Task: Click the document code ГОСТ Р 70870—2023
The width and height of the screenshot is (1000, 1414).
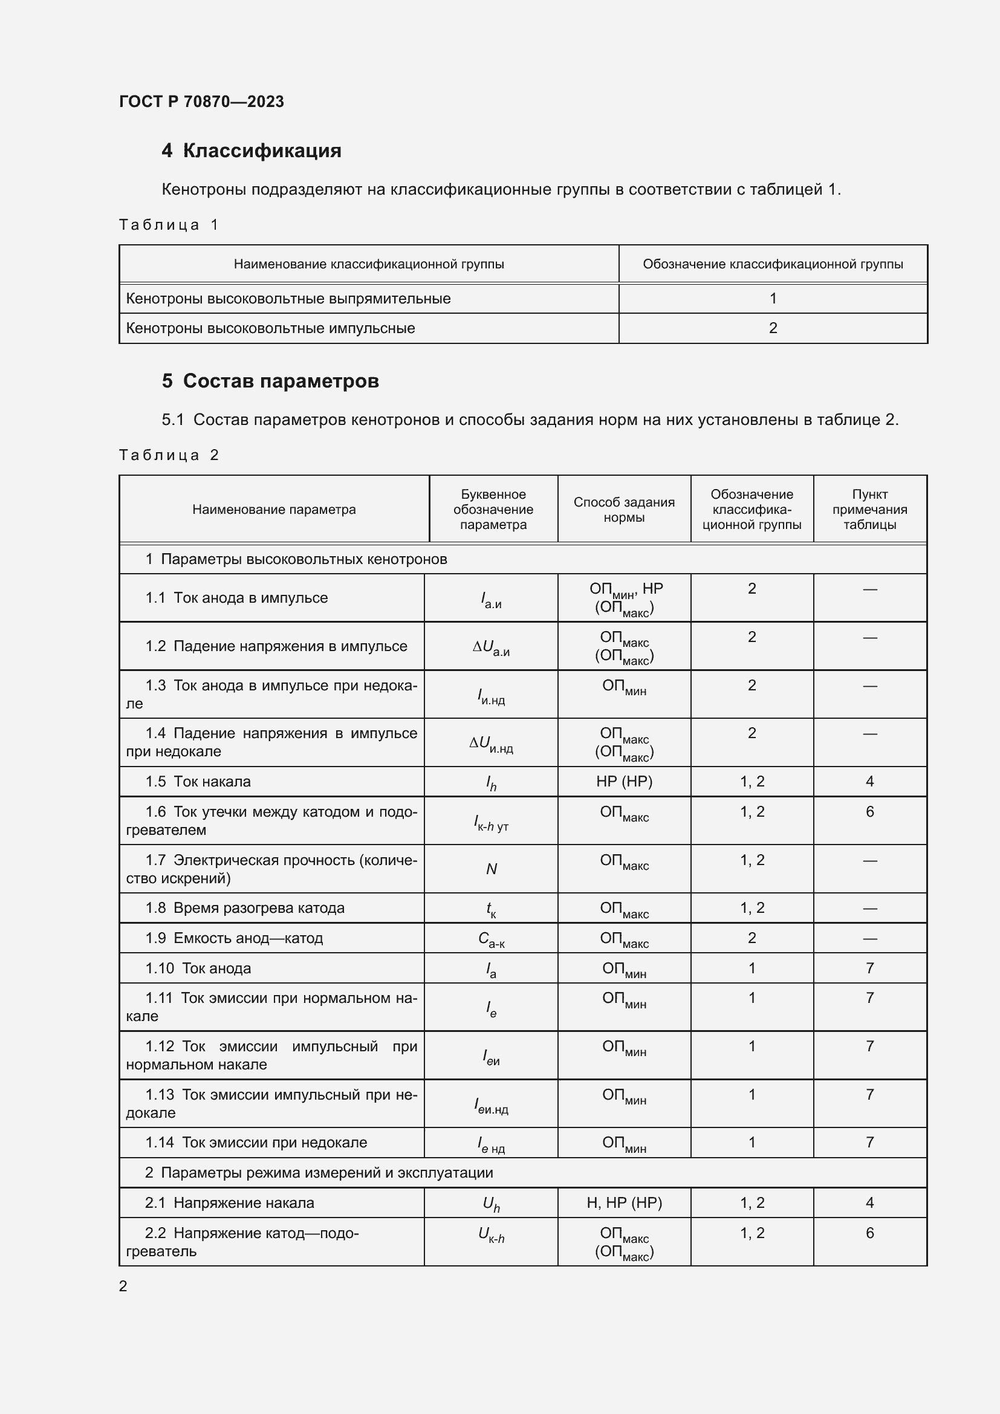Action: coord(201,102)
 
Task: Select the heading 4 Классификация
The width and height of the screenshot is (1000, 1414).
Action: coord(252,151)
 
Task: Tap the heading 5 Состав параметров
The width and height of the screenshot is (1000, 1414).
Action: coord(270,381)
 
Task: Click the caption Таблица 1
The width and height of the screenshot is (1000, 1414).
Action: coord(169,225)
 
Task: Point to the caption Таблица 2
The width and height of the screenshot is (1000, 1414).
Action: coord(169,455)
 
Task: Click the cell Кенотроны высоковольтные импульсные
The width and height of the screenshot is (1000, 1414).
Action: coord(270,328)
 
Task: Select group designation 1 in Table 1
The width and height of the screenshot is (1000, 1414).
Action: coord(773,299)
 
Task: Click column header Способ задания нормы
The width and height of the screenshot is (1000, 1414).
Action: coord(624,509)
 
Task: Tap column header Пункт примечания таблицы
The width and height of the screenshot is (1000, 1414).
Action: coord(869,509)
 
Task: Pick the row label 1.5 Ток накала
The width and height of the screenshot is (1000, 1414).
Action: coord(198,782)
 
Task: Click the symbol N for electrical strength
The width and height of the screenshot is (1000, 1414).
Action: coord(492,869)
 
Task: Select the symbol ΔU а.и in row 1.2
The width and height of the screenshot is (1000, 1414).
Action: coord(491,647)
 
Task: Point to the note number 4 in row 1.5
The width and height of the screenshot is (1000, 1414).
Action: coord(869,782)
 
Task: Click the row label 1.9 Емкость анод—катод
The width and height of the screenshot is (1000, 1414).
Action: coord(234,938)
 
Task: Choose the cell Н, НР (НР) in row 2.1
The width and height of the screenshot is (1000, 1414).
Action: coord(624,1203)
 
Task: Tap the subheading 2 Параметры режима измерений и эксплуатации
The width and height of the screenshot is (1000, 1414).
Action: coord(319,1173)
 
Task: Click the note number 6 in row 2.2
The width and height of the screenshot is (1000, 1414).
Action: coord(869,1233)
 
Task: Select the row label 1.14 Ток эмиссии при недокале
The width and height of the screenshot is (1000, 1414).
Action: coord(256,1143)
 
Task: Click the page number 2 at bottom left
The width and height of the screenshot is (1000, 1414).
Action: coord(123,1286)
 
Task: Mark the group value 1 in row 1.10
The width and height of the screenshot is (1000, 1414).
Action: coord(752,968)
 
